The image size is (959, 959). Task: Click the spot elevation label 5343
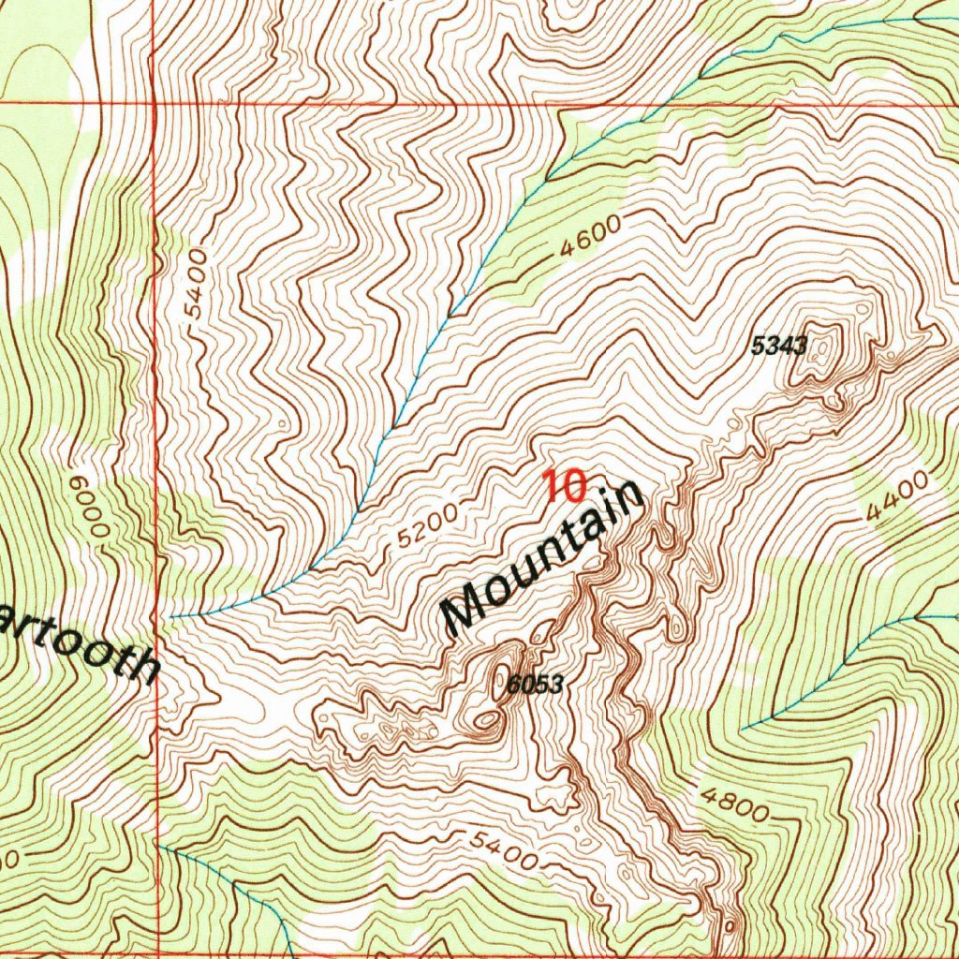pos(779,346)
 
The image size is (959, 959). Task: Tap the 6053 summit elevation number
pos(536,685)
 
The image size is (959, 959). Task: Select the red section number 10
pos(565,486)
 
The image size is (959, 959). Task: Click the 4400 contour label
pos(897,496)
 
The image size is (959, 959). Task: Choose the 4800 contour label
pos(736,803)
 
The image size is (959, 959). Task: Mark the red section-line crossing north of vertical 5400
pos(155,104)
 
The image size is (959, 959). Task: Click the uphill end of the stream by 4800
pos(742,728)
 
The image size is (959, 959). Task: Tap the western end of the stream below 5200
pos(171,617)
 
